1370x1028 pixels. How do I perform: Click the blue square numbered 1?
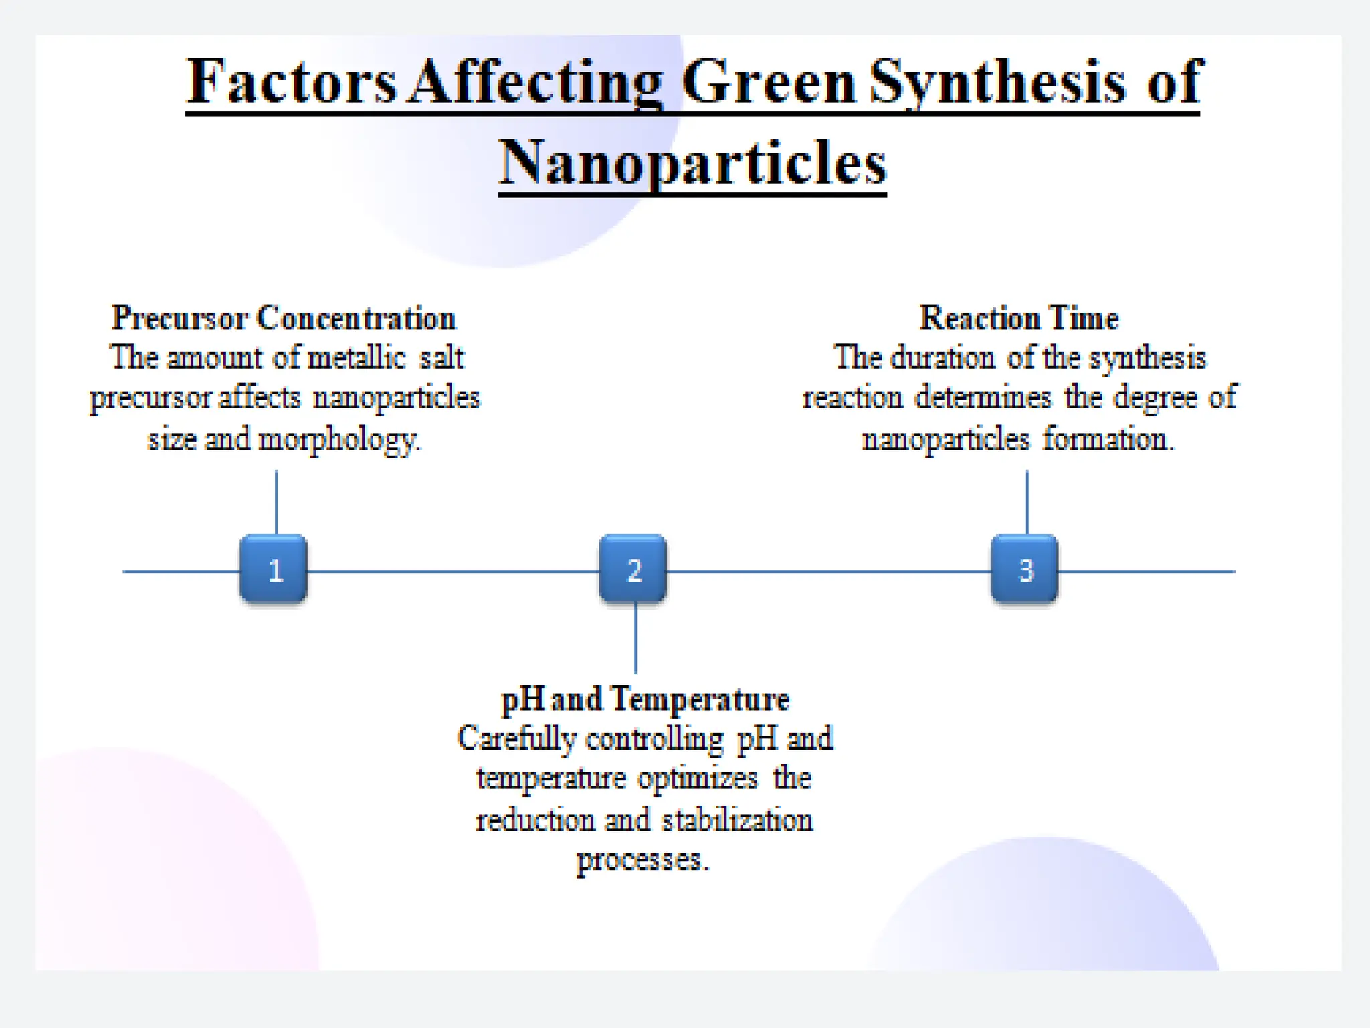[x=274, y=570]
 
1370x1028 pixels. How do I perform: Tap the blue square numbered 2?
[x=633, y=570]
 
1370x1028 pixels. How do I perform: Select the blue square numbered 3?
[x=1024, y=570]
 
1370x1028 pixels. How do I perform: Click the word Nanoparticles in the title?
[x=692, y=163]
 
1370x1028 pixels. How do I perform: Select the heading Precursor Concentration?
[x=284, y=317]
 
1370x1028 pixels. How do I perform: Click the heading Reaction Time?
[x=1019, y=317]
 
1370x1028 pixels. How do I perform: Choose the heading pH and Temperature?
[x=646, y=699]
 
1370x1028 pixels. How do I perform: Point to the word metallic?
[x=357, y=357]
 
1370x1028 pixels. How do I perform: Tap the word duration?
[x=943, y=357]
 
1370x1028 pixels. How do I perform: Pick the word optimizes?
[x=698, y=778]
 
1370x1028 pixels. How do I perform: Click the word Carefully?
[x=516, y=739]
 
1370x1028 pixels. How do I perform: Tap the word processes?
[x=642, y=860]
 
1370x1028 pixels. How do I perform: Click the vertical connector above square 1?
[x=276, y=502]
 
